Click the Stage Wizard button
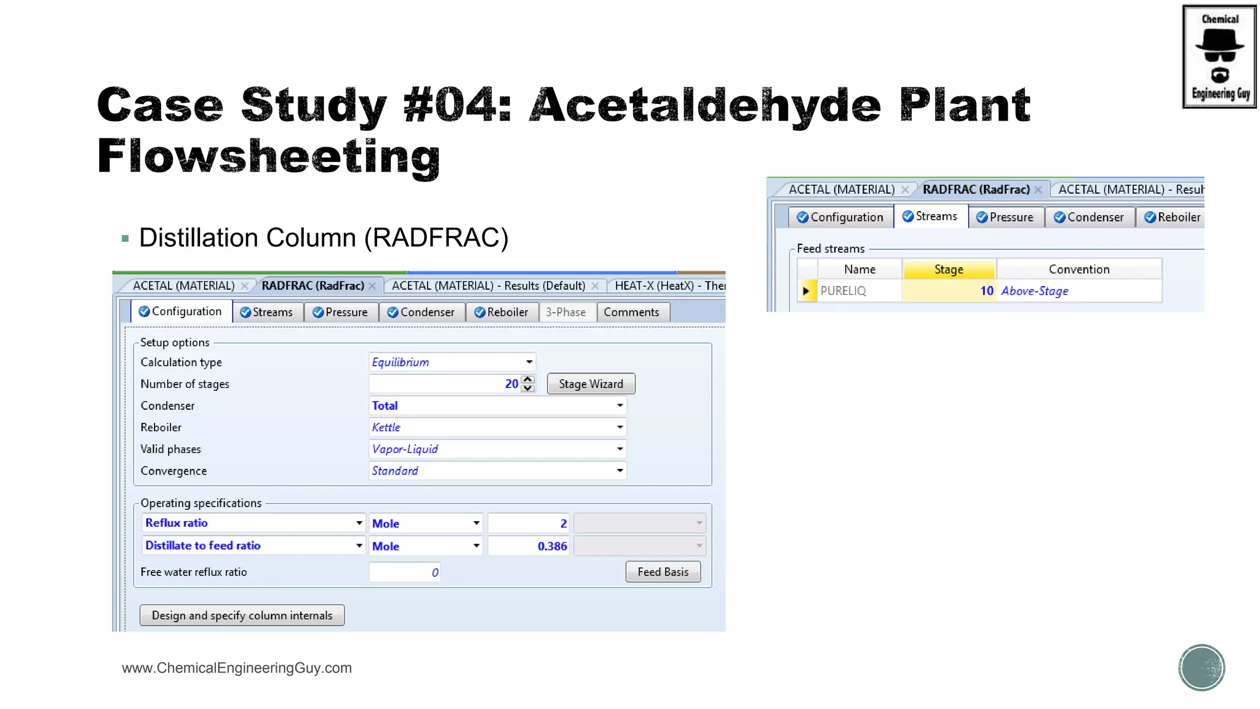(591, 384)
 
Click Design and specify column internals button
(242, 615)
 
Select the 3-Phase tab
(565, 312)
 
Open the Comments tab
(631, 312)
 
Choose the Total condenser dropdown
(497, 406)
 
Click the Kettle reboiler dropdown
(497, 427)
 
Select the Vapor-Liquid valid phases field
(497, 449)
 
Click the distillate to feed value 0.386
(528, 546)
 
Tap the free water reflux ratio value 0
(405, 572)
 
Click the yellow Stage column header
(948, 270)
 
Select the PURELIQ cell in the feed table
(859, 291)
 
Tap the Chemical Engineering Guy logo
(1219, 57)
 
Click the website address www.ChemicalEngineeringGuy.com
(237, 668)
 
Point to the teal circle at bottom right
(1201, 667)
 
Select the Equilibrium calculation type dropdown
(452, 362)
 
